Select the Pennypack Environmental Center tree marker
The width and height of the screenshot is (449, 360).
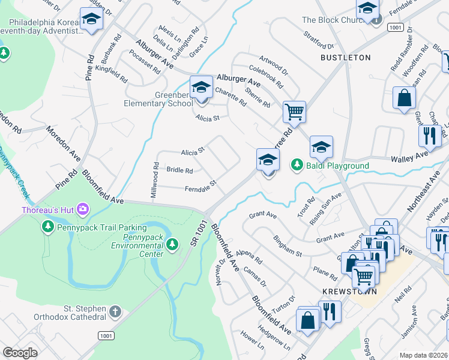click(173, 244)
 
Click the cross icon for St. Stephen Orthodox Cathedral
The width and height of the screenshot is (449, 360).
click(115, 311)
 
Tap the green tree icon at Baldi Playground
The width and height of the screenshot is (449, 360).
click(297, 164)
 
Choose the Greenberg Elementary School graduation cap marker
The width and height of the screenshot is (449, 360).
click(201, 88)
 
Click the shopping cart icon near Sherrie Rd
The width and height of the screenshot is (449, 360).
click(294, 111)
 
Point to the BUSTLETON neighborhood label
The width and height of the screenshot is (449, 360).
click(345, 58)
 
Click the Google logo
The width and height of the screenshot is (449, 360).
click(20, 352)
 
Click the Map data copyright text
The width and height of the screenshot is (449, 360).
click(423, 355)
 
